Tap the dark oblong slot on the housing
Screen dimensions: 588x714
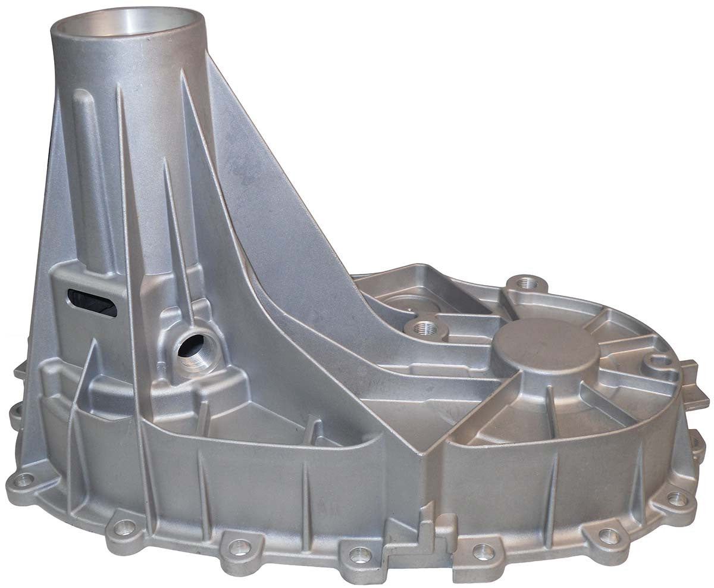92,302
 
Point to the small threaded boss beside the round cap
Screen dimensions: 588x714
424,327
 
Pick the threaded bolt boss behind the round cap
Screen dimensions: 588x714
525,284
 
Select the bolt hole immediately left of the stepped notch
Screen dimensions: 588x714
359,554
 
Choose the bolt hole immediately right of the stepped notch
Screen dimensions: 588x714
483,551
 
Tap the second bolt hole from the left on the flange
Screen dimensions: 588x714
124,526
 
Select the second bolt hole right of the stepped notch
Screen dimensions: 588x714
608,535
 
